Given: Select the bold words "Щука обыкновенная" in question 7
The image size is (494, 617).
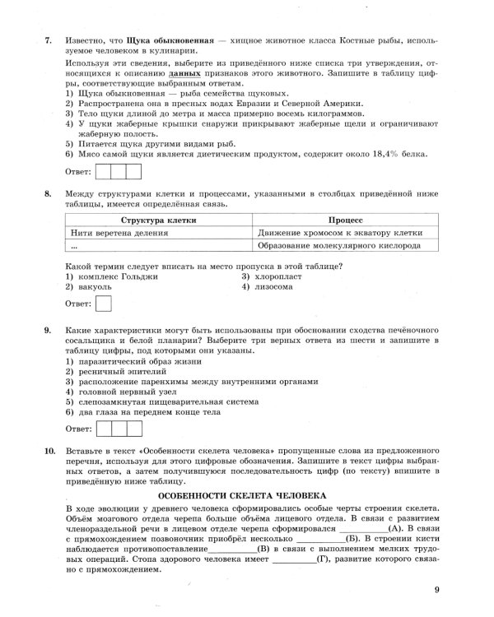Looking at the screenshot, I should (x=167, y=39).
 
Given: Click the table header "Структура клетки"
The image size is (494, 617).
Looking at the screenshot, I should (x=158, y=220).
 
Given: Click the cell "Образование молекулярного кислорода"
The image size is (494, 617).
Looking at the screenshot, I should (x=339, y=245).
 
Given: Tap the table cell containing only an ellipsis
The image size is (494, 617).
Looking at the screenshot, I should (x=74, y=245).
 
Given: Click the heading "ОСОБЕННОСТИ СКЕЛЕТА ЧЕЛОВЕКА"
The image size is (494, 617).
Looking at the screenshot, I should (x=242, y=495).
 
